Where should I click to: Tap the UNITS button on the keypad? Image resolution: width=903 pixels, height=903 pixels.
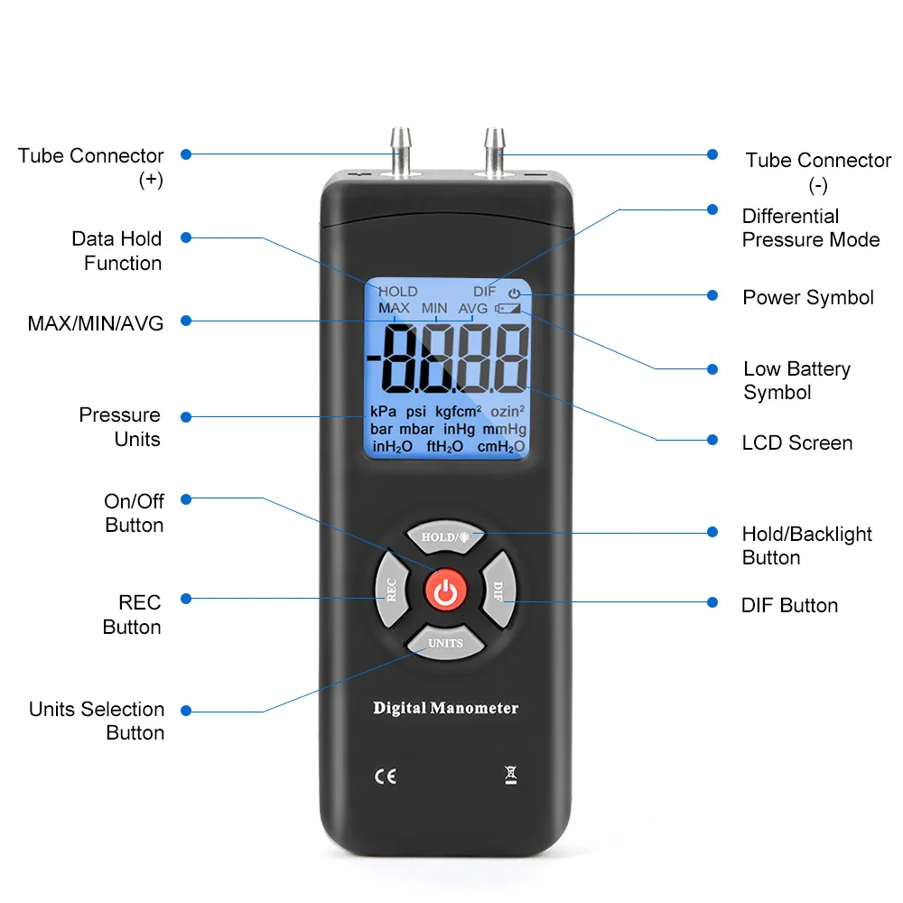point(445,643)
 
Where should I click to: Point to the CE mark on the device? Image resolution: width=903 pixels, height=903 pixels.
point(385,776)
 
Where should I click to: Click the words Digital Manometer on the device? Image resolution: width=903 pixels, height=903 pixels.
point(446,708)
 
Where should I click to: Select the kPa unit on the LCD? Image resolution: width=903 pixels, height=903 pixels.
point(383,411)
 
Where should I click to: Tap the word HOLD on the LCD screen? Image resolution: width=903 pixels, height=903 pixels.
point(397,291)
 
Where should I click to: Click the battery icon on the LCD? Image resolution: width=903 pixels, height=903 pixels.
point(508,308)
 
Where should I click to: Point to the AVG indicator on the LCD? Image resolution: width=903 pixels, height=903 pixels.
point(472,308)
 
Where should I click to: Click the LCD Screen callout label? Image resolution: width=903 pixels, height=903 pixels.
point(796,442)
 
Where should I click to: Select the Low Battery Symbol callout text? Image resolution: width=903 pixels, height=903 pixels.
point(796,380)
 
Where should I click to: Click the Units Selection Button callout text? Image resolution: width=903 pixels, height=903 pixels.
point(97,721)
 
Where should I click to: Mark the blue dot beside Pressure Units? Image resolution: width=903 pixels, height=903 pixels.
point(185,417)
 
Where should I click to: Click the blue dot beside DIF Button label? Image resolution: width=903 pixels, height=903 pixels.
point(712,602)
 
